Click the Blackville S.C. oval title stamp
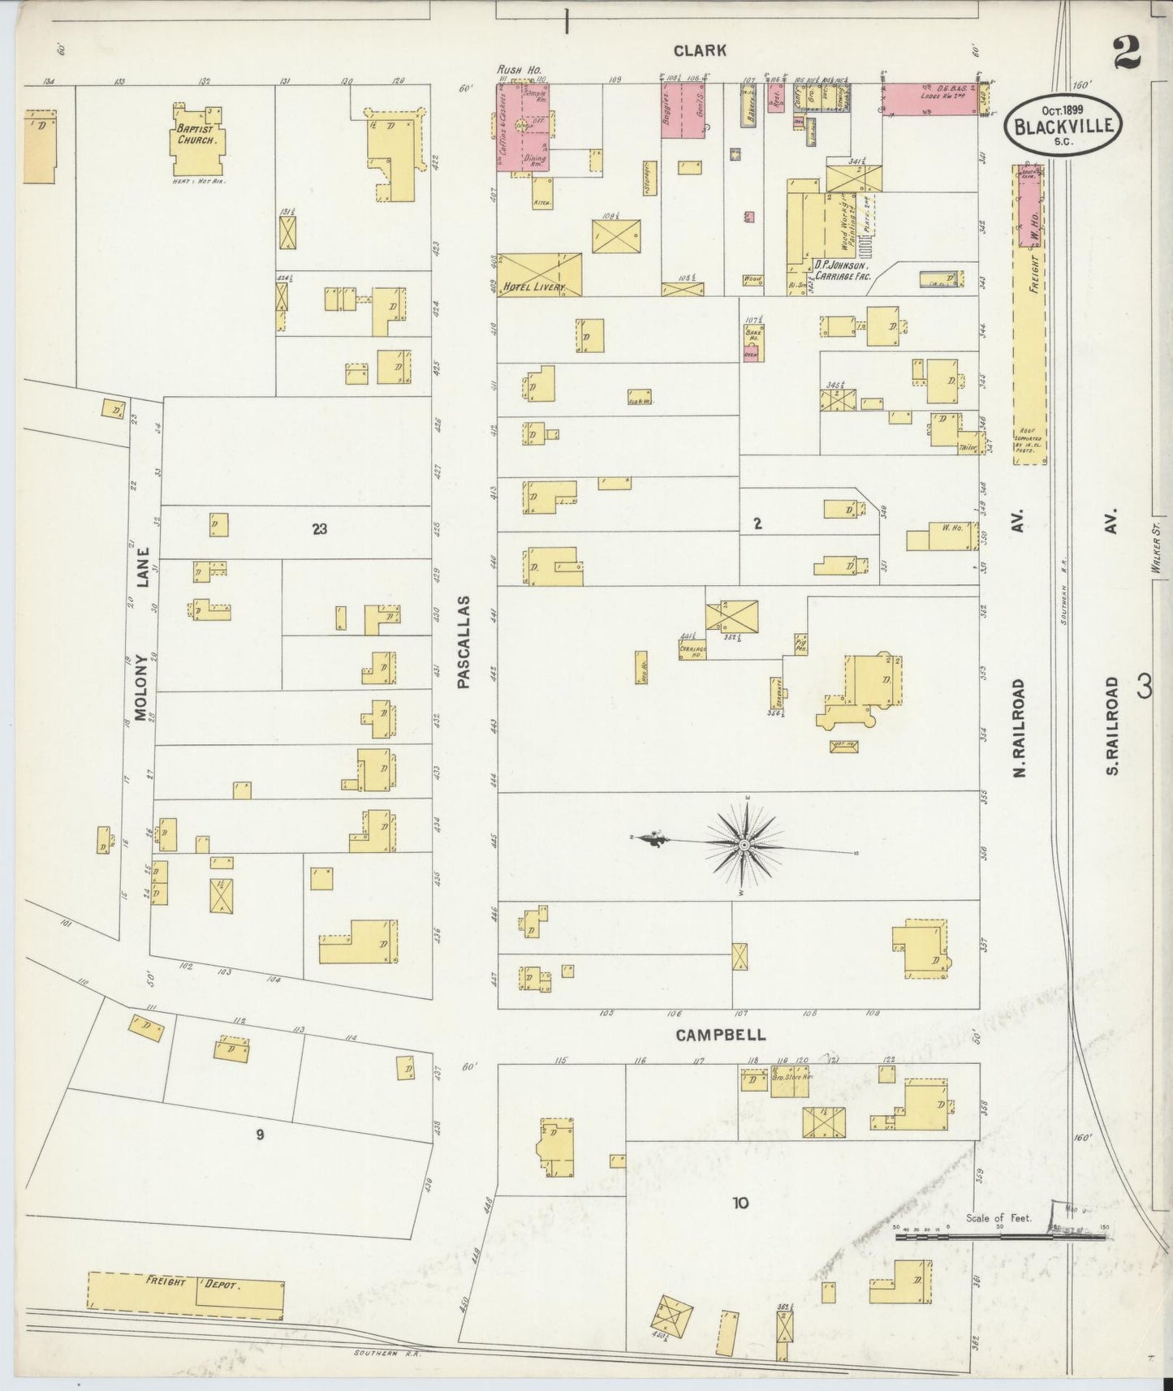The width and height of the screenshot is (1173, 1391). pos(1063,125)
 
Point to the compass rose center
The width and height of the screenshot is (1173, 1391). pos(744,846)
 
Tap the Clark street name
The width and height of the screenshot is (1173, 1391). pos(700,50)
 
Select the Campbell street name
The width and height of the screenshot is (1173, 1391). pos(719,1036)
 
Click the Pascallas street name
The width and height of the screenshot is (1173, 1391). pos(464,642)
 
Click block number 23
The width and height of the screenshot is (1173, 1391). pos(319,529)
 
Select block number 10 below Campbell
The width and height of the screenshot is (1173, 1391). pos(740,1203)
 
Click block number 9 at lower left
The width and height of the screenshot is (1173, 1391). pos(260,1135)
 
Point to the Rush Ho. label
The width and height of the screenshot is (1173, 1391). pos(513,71)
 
